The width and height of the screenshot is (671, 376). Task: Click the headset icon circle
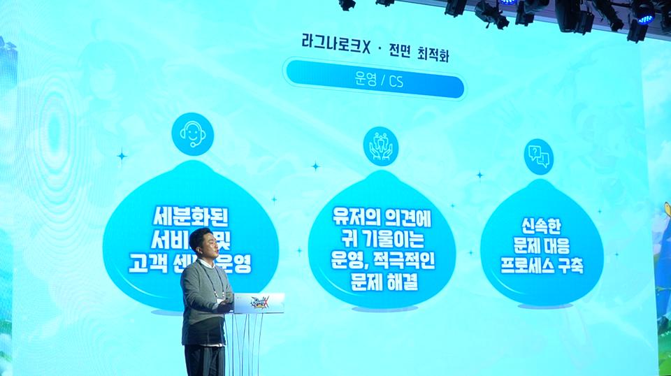pos(192,133)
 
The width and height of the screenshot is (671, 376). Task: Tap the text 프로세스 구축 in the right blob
pos(542,267)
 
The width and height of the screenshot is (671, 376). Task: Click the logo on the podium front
pos(259,302)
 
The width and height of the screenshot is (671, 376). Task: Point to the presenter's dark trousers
pos(205,360)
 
